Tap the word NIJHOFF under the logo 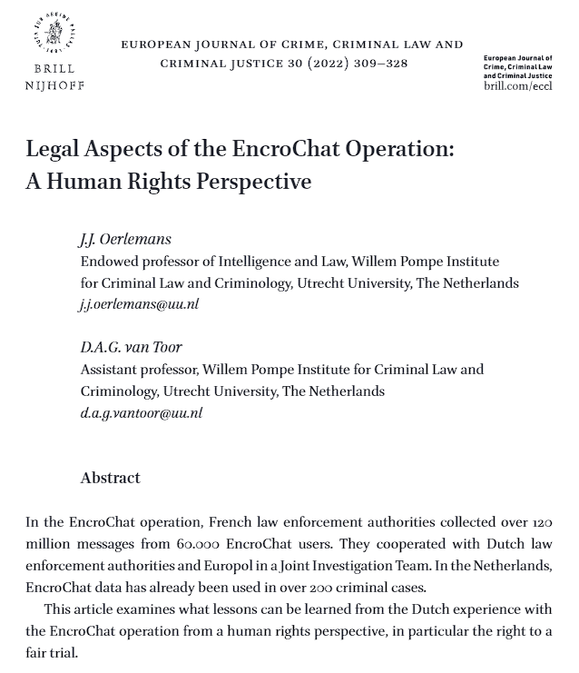[x=54, y=85]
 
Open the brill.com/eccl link [x=516, y=85]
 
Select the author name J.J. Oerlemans [x=125, y=240]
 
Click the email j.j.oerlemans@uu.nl [x=139, y=304]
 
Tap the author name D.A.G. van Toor [x=131, y=348]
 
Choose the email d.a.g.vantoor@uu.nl [x=141, y=412]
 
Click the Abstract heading [x=111, y=478]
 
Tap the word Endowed [x=109, y=262]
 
